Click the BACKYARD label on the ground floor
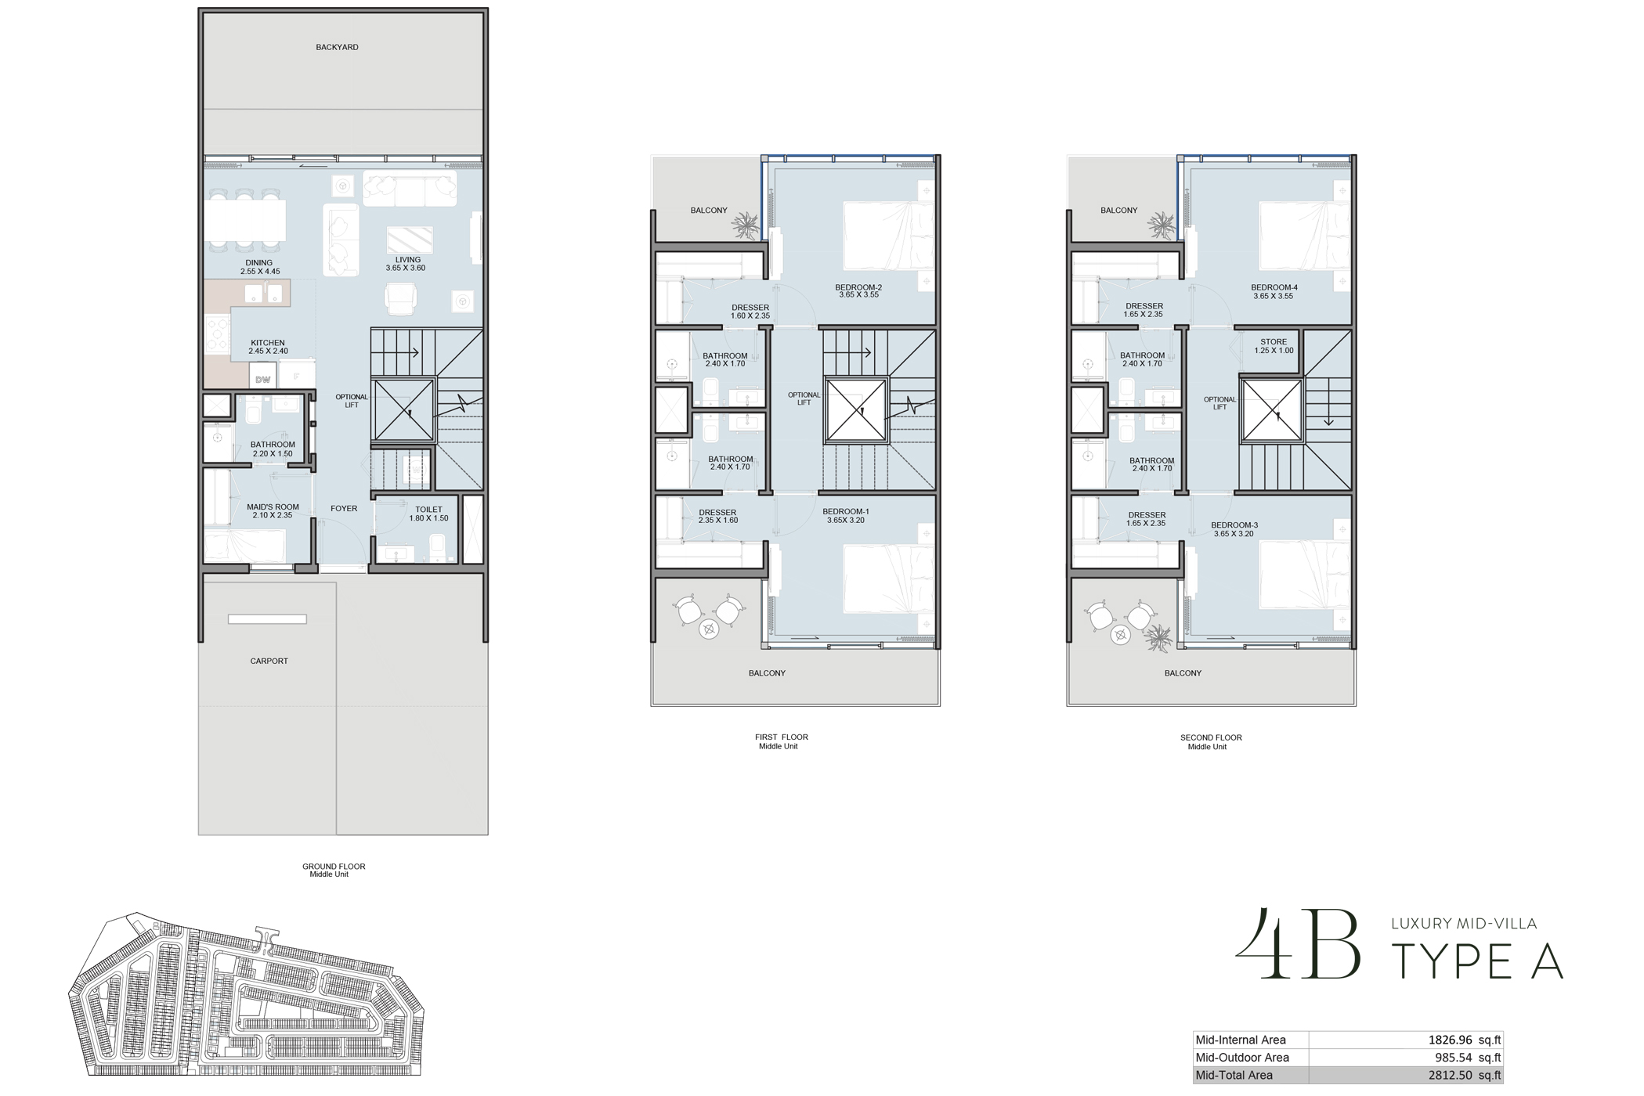click(337, 47)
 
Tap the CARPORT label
click(269, 661)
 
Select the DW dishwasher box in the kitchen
click(262, 380)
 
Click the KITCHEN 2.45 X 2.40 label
click(268, 347)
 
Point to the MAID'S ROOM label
click(273, 510)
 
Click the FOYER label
click(344, 509)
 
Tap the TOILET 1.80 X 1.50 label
click(428, 514)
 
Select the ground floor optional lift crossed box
click(403, 410)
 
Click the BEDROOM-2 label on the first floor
click(858, 291)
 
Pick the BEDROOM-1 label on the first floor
click(846, 515)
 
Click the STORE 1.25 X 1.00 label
click(1274, 346)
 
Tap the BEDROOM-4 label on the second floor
click(1274, 291)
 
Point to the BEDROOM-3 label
click(1234, 529)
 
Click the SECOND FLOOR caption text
click(1211, 737)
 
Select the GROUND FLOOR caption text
click(334, 867)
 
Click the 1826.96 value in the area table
click(1450, 1040)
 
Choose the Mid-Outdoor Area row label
click(1242, 1058)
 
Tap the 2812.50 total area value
click(1450, 1075)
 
